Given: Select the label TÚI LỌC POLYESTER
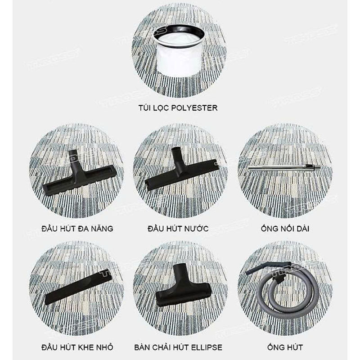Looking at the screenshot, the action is [x=178, y=108].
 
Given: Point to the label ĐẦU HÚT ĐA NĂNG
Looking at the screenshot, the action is [x=77, y=229].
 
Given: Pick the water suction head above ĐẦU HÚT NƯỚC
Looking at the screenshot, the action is [x=181, y=170].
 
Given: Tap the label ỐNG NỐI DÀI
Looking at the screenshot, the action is [x=285, y=229].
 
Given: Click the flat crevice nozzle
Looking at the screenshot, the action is [x=78, y=288].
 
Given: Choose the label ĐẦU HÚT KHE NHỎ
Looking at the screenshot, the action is [x=77, y=347].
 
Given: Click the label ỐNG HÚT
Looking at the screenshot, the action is [x=285, y=347].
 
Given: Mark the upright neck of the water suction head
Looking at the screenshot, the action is [x=177, y=156].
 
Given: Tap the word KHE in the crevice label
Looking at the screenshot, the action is [x=85, y=347].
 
